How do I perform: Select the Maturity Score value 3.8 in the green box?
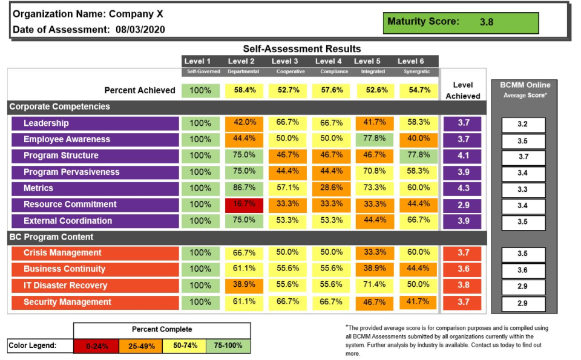(487, 22)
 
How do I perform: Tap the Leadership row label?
(46, 123)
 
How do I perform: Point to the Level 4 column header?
(329, 61)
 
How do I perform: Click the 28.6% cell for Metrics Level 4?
(331, 188)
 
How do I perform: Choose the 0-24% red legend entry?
(97, 346)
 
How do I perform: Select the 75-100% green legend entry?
(228, 346)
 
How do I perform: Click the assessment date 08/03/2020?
(140, 29)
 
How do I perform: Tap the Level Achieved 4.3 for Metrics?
(463, 188)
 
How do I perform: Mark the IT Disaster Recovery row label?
(65, 286)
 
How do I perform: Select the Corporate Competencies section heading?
(59, 107)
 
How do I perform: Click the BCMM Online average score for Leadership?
(523, 125)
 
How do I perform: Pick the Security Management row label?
(67, 302)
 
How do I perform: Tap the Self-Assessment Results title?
(301, 48)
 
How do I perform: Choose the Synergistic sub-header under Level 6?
(416, 71)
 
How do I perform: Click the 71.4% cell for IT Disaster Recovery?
(375, 286)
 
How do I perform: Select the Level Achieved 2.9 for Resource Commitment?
(463, 205)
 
